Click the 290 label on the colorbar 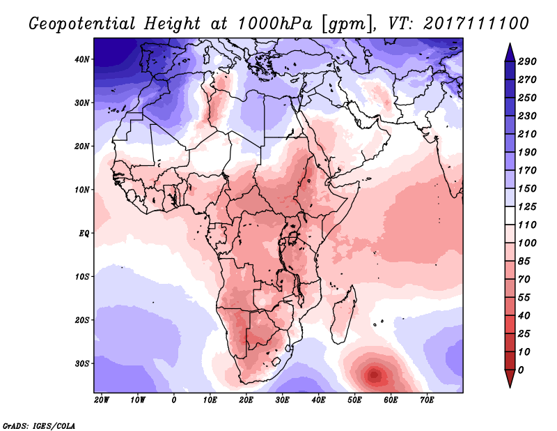point(526,62)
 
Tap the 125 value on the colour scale point(526,207)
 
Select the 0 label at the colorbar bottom point(520,369)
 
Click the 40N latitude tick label point(82,59)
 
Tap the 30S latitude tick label point(82,363)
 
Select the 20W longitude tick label point(101,400)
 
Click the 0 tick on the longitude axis point(174,400)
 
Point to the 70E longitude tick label point(427,400)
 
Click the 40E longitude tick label point(319,400)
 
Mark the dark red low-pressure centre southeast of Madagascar point(375,375)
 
